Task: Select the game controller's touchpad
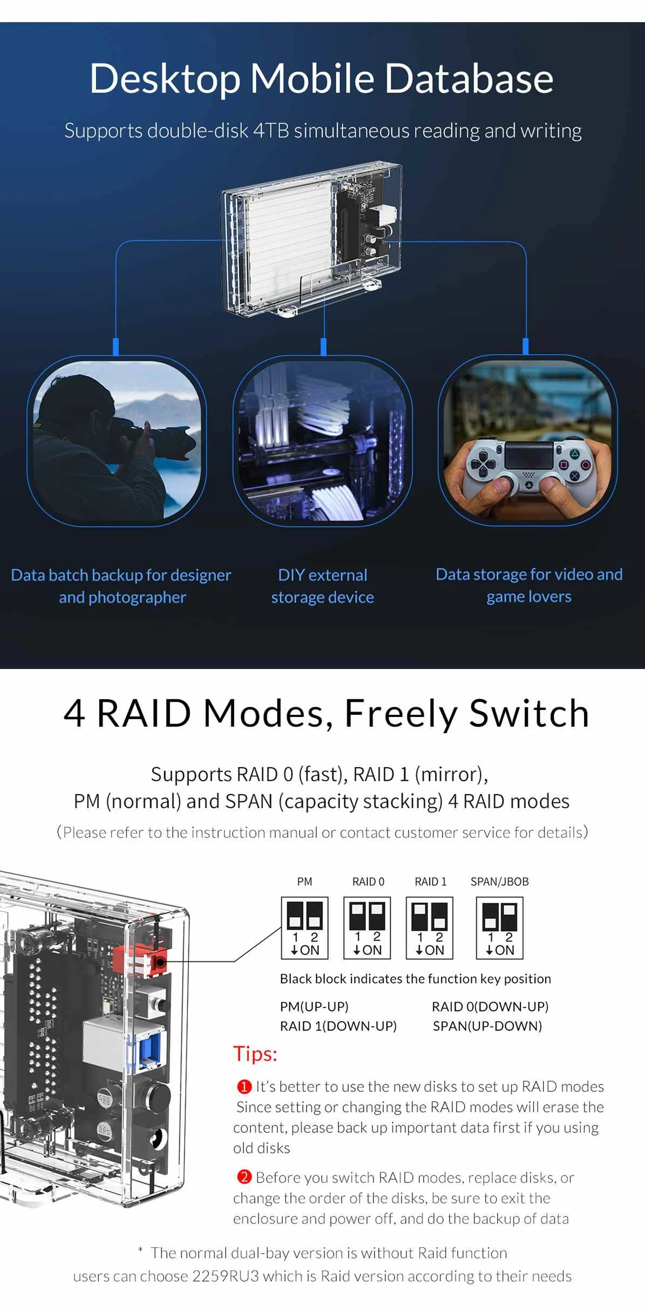click(528, 454)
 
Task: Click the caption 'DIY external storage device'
click(322, 586)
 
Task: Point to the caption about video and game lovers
click(529, 585)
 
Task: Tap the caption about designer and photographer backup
click(121, 586)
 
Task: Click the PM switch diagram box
click(304, 928)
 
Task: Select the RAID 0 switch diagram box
click(367, 928)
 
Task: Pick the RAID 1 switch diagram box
click(430, 928)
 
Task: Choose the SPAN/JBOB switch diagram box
click(499, 928)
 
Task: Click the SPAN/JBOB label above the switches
click(499, 882)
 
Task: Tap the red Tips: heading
click(255, 1053)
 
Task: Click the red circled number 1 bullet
click(245, 1086)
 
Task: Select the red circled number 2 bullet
click(245, 1177)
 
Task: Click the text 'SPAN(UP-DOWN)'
click(487, 1026)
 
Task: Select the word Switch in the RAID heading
click(528, 713)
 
